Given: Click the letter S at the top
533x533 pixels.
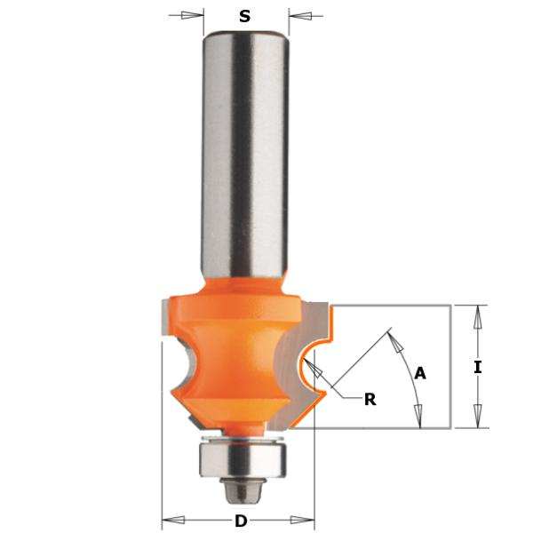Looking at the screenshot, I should coord(245,15).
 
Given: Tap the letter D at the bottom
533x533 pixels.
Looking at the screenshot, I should coord(240,521).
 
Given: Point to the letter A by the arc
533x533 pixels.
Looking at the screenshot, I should coord(420,374).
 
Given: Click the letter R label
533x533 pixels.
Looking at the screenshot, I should coord(370,399).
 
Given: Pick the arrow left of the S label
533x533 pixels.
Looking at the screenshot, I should coord(192,15).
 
